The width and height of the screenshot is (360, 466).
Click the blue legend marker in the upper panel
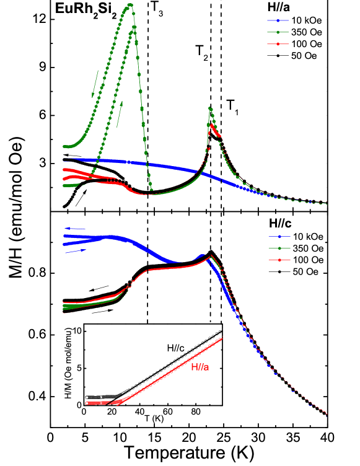(278, 20)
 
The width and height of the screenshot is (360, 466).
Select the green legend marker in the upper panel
(278, 32)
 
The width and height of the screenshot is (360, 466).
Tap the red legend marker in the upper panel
(278, 44)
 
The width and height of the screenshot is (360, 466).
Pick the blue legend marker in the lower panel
(279, 236)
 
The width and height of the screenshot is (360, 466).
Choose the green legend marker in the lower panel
(279, 248)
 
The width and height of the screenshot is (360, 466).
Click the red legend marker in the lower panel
(279, 260)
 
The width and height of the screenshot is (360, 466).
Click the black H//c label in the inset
(175, 348)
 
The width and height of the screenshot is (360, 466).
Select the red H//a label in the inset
(201, 367)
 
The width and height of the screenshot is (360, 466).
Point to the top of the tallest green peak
(130, 4)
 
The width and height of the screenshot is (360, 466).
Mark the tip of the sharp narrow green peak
(211, 108)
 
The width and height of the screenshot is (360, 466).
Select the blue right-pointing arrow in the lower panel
(76, 251)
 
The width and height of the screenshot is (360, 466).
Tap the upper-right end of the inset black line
(221, 330)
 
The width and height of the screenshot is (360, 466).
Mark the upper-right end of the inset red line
(221, 338)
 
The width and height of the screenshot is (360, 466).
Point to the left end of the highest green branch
(64, 146)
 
